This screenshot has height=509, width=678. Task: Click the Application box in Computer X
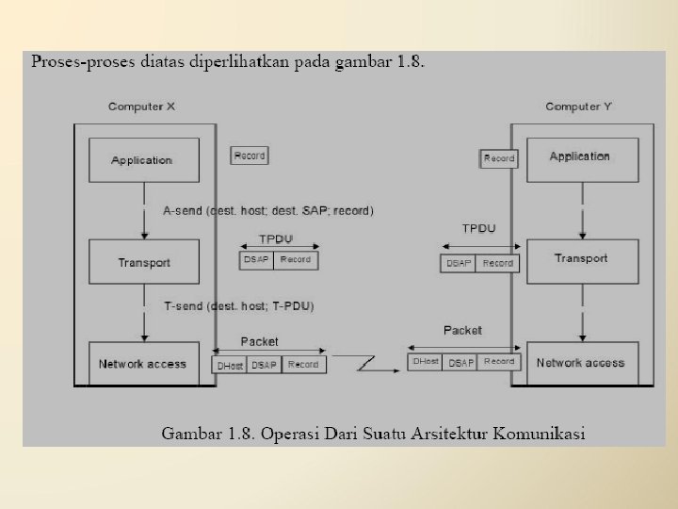143,160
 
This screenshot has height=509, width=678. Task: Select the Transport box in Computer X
143,261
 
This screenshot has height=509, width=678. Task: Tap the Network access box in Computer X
143,364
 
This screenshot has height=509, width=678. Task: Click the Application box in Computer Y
579,157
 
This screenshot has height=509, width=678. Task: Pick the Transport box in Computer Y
580,259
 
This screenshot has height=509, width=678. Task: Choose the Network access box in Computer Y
580,363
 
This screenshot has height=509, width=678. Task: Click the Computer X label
141,107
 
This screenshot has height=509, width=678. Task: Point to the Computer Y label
578,107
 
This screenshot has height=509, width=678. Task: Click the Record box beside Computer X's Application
250,156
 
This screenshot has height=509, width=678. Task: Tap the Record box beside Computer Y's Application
499,158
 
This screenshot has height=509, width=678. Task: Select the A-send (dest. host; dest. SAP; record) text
268,210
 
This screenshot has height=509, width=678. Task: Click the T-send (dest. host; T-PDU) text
239,306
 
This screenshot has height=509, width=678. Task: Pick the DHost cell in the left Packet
230,365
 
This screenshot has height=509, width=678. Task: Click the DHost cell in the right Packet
425,362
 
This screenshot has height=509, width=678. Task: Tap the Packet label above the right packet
462,331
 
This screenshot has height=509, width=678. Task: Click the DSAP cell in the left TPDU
256,260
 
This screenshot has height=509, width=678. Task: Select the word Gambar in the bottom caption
192,435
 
